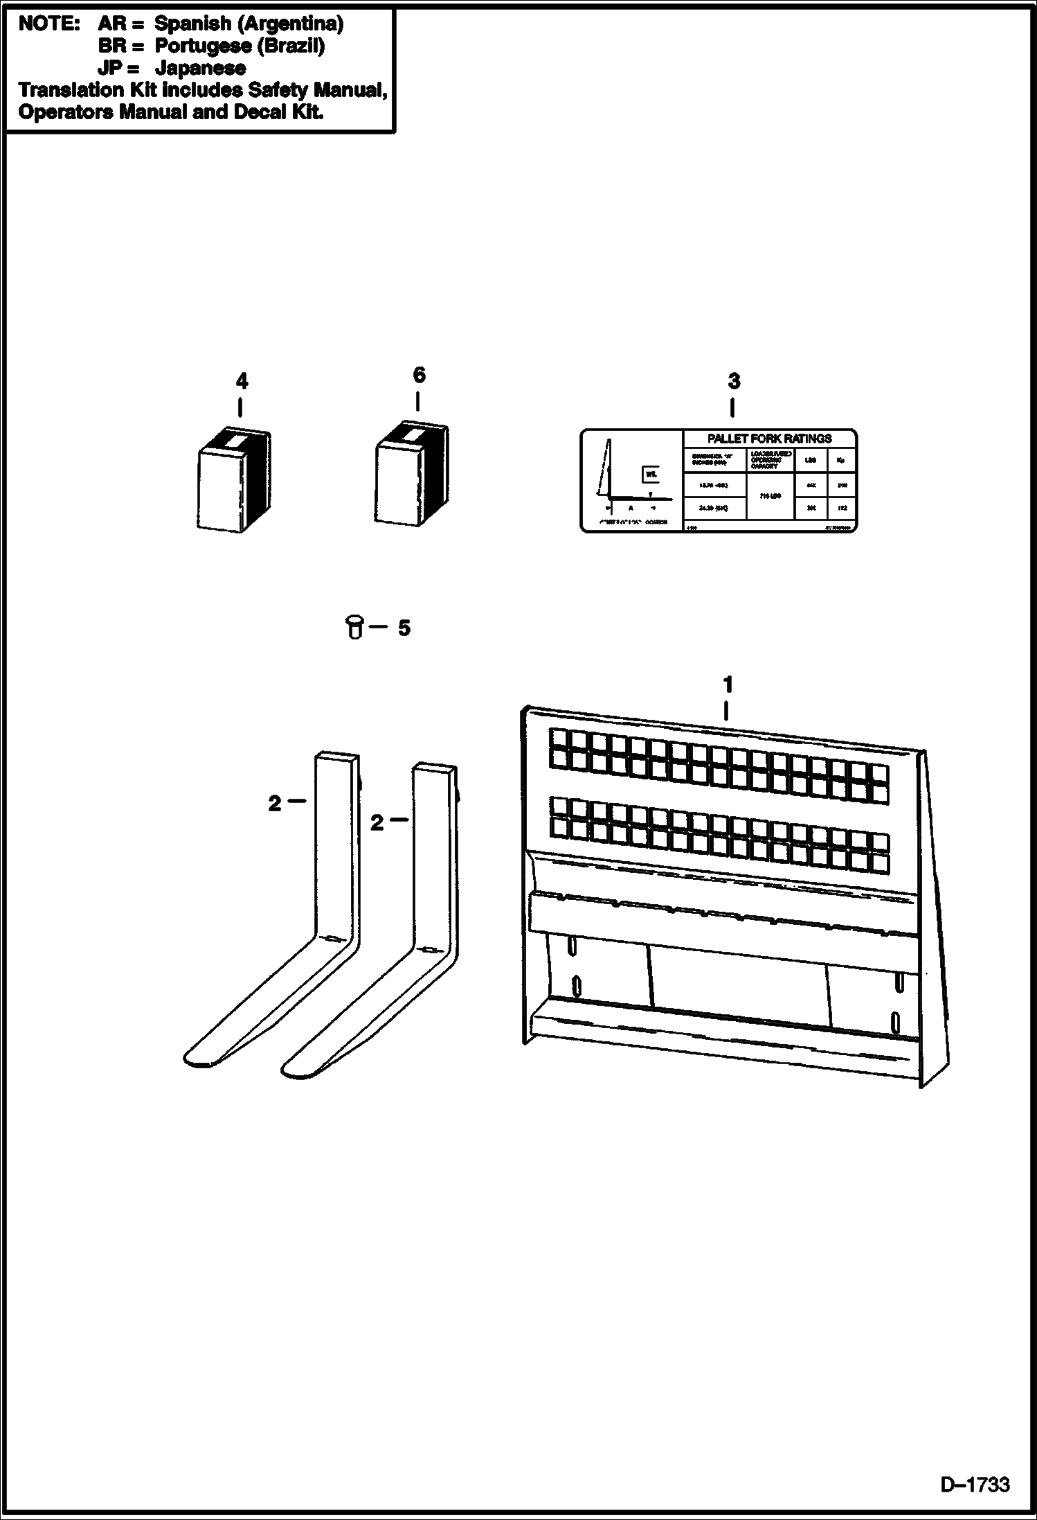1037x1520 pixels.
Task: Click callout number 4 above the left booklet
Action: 241,381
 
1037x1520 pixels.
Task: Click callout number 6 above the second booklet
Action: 419,375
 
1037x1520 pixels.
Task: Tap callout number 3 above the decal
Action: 734,381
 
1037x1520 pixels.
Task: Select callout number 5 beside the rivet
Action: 404,628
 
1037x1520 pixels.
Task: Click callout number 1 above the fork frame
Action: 727,684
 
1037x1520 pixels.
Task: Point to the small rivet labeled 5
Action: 354,627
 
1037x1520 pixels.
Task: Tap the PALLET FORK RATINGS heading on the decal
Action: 769,439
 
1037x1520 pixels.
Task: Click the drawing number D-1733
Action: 974,1485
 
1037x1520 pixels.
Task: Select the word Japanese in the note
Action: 200,68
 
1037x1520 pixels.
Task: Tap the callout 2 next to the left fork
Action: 275,804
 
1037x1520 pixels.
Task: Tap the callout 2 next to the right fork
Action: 377,823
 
